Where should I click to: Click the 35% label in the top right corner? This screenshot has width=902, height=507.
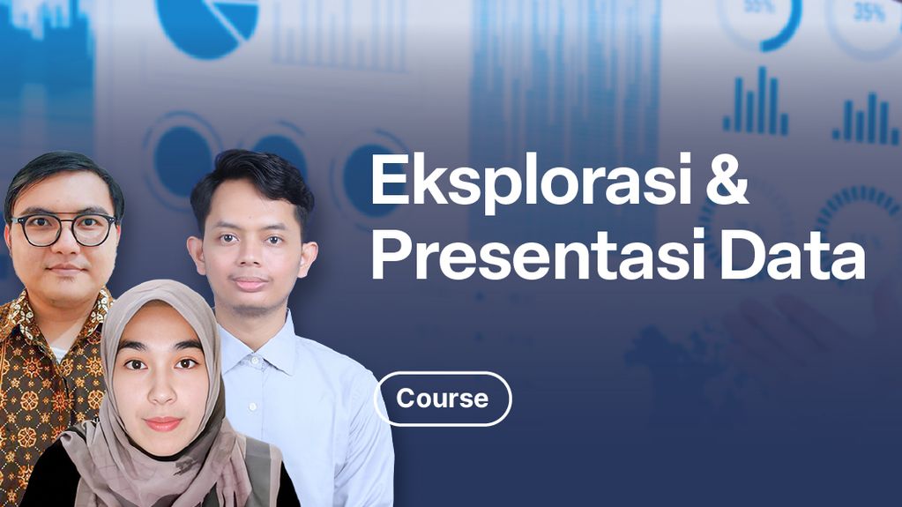pyautogui.click(x=868, y=12)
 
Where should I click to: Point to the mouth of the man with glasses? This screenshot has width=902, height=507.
pyautogui.click(x=64, y=267)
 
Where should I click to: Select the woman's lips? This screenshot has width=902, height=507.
pyautogui.click(x=163, y=423)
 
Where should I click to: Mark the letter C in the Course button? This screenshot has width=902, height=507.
pyautogui.click(x=406, y=399)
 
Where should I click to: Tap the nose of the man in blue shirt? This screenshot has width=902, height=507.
pyautogui.click(x=252, y=260)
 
